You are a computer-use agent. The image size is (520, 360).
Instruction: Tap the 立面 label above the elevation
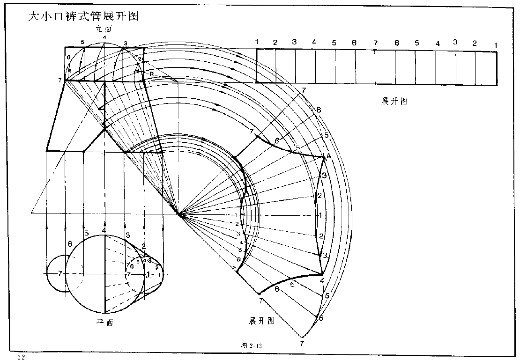tap(104, 29)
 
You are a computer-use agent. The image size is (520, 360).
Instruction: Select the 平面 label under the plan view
tap(105, 323)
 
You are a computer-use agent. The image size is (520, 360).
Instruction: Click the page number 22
tap(21, 357)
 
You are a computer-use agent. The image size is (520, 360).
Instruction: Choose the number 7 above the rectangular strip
tap(375, 43)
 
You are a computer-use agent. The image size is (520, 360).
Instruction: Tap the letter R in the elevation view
tap(151, 74)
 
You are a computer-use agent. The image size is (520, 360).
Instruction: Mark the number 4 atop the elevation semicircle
tap(104, 37)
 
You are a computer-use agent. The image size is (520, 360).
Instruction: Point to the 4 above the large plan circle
tap(104, 230)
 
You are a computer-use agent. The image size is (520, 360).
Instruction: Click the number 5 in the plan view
tap(86, 233)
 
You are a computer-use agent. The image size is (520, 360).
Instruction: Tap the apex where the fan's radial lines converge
tap(178, 214)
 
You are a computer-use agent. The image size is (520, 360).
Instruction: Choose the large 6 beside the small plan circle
tap(70, 244)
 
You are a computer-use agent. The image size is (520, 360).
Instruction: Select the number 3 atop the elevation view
tap(126, 44)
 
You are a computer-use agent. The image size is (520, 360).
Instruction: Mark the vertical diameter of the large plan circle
tap(104, 281)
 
